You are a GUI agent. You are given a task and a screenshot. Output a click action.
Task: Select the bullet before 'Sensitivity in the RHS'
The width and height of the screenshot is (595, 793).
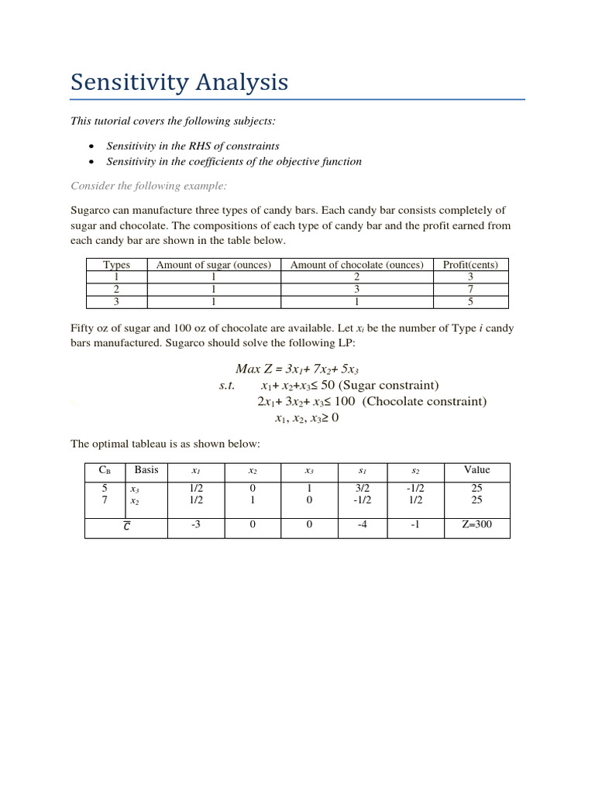92,146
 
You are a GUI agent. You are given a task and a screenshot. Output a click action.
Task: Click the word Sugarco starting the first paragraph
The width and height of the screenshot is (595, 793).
91,211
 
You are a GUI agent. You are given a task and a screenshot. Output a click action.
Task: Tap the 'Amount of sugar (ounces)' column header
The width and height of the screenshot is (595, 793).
214,265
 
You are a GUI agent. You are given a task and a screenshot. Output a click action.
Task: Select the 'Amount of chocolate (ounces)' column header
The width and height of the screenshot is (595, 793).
356,265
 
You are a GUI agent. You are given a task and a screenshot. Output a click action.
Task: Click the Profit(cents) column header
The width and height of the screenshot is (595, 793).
470,265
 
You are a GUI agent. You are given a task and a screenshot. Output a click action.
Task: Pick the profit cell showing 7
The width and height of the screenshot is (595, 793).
470,289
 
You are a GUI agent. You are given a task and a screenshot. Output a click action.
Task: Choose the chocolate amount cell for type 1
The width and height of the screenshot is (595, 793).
356,276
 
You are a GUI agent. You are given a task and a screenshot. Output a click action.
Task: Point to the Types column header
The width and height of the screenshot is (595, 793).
117,265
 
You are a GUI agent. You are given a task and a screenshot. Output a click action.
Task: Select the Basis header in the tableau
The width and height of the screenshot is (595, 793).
146,470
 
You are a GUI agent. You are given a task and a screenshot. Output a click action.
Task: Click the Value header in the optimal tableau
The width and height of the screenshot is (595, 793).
476,470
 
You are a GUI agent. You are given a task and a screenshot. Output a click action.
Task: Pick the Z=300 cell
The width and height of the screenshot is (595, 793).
476,527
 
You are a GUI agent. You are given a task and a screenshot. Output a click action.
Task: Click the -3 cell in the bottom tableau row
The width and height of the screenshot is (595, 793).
195,527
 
